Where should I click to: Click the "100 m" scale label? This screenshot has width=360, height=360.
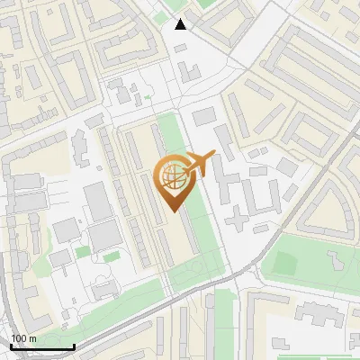tap(23, 337)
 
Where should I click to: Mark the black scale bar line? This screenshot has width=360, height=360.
tap(41, 346)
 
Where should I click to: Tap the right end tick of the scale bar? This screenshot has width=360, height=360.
tap(73, 345)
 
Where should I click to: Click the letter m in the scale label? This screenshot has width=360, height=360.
tap(32, 337)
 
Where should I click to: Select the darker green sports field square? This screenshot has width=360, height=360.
tap(286, 263)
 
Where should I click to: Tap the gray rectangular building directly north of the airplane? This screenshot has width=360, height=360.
tap(204, 116)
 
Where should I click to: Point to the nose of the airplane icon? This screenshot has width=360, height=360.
tap(214, 154)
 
